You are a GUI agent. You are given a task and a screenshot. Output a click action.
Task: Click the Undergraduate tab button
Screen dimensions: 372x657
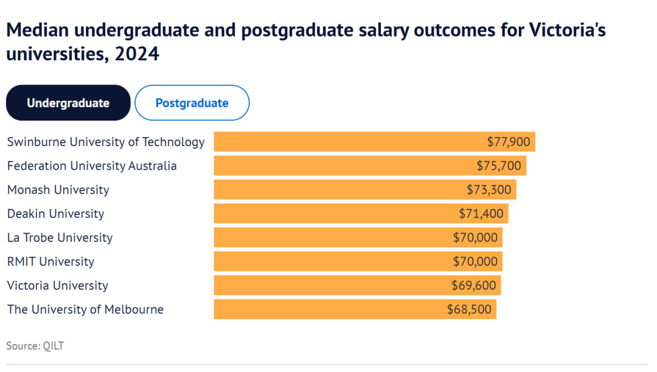point(68,103)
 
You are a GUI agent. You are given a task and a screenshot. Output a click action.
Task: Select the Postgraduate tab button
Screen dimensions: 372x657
point(192,103)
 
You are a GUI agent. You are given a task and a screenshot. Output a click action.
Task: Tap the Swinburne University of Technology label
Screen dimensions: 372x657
point(106,142)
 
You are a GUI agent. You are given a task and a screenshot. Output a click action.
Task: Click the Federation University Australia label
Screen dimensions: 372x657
point(92,166)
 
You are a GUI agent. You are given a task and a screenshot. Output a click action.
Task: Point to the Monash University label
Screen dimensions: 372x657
point(58,189)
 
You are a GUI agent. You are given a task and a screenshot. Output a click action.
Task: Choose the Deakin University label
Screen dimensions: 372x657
point(55,214)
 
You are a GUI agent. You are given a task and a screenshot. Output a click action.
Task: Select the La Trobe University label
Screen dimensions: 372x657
point(60,237)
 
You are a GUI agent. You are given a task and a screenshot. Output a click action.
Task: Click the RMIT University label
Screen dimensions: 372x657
point(50,261)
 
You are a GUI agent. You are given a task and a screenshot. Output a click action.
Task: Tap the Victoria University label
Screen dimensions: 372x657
point(58,285)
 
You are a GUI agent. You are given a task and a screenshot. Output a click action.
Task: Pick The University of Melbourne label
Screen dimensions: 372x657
point(85,309)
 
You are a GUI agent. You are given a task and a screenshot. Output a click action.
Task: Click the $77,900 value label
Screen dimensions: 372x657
point(509,142)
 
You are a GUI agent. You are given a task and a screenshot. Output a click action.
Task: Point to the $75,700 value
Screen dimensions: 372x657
point(499,166)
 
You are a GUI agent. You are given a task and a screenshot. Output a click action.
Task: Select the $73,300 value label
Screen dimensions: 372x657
point(489,189)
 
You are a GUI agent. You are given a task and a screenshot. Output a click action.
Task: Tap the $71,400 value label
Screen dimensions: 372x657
point(481,214)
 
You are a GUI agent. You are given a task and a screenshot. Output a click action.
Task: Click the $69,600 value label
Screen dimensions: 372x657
point(474,285)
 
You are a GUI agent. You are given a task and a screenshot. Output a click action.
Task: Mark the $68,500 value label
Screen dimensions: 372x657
point(469,309)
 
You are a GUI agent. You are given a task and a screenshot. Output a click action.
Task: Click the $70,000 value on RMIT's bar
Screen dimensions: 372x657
point(475,261)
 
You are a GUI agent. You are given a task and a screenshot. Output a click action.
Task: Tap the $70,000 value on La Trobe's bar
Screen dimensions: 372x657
point(475,237)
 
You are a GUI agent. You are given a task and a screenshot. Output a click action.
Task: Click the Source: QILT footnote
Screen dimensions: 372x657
point(35,346)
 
